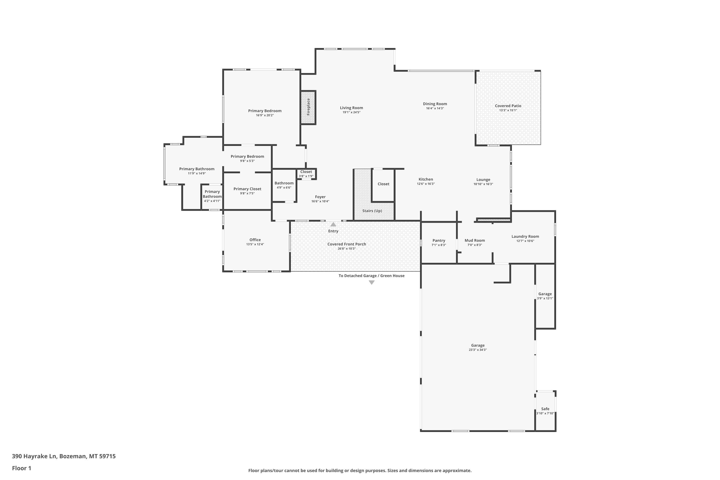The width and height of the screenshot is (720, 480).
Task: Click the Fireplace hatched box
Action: click(308, 108)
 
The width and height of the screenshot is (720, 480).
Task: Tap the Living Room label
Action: click(351, 108)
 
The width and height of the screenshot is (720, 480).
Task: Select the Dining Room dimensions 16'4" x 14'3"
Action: click(435, 108)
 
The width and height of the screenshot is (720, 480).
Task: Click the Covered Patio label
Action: click(508, 106)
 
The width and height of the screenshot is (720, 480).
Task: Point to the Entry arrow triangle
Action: click(333, 224)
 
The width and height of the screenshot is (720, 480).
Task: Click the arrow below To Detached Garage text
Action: click(372, 282)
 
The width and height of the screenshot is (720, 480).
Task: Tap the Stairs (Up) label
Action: click(372, 211)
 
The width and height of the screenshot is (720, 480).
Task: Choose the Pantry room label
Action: click(439, 241)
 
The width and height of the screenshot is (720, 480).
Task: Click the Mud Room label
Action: click(475, 241)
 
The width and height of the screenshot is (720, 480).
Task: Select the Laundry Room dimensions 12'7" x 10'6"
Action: click(525, 241)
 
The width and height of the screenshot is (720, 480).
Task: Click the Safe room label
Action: click(545, 409)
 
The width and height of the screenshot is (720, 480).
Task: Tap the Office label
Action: click(255, 240)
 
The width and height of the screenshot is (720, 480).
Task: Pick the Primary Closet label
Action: click(247, 189)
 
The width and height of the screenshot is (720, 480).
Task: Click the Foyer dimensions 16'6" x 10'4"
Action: click(320, 201)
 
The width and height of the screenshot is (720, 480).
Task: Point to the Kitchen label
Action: click(426, 179)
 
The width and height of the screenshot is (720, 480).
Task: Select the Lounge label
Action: click(483, 180)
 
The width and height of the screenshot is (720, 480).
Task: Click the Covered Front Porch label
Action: click(347, 244)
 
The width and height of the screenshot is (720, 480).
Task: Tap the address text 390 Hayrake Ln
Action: click(34, 456)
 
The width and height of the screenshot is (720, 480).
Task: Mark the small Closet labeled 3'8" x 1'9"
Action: click(306, 174)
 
